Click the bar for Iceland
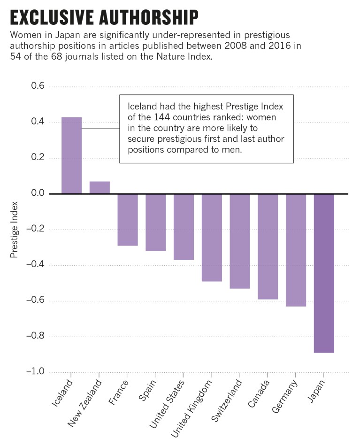tap(71, 155)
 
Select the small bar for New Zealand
tap(100, 187)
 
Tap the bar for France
tap(128, 220)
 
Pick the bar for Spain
tap(156, 223)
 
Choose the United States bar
tap(184, 227)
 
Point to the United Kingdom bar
tap(212, 238)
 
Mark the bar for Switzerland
tap(240, 241)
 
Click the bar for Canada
tap(268, 246)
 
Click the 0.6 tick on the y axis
tap(37, 87)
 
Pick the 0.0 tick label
tap(37, 194)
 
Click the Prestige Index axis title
tap(14, 230)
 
